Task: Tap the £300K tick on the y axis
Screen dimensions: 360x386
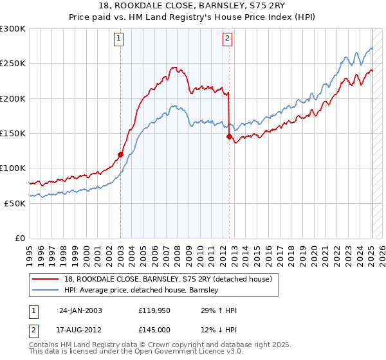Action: click(x=13, y=29)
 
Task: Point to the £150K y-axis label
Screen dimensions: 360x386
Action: click(x=13, y=133)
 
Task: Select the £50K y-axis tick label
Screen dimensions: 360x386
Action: click(x=15, y=203)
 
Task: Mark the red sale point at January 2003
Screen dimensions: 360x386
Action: click(x=120, y=154)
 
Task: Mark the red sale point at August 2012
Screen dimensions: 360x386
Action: click(x=229, y=136)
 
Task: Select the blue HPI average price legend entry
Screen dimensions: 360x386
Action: click(x=142, y=291)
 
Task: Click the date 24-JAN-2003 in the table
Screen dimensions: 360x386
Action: click(x=80, y=310)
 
